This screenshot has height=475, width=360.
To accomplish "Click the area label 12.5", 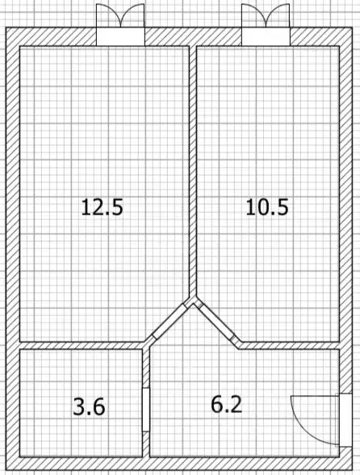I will (102, 207).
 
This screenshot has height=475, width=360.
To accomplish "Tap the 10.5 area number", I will (267, 207).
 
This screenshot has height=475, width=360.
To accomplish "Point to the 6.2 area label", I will (226, 404).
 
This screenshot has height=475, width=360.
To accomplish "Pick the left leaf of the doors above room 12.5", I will (107, 16).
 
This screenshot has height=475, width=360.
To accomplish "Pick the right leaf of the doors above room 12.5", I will (133, 16).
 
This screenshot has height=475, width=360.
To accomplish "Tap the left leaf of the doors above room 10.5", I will (253, 16).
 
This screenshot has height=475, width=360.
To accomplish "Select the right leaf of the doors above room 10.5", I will (278, 16).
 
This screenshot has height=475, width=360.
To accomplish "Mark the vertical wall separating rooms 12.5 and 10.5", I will (193, 169).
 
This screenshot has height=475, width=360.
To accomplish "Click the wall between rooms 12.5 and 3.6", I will (81, 345).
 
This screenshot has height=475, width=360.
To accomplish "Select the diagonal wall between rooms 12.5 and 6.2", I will (168, 322).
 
